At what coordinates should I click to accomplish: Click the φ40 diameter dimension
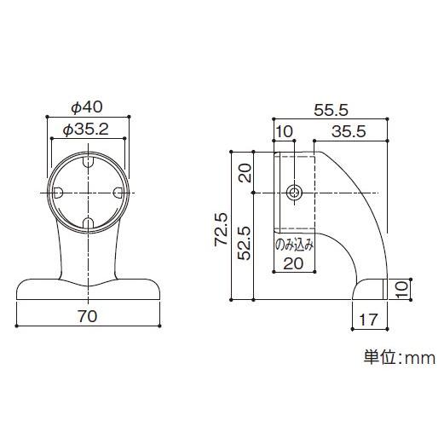click(87, 107)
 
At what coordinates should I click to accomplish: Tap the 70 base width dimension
click(87, 316)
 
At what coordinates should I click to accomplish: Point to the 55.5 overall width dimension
click(330, 110)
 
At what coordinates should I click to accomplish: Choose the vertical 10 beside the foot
click(402, 290)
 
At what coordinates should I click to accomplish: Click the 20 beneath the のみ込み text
click(293, 263)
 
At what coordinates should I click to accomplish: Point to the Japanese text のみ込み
click(294, 245)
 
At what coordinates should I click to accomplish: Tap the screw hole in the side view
click(294, 192)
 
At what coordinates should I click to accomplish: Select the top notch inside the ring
click(89, 161)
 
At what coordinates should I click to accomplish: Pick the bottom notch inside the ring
click(89, 223)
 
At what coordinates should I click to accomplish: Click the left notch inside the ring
click(57, 193)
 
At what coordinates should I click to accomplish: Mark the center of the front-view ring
click(89, 193)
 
